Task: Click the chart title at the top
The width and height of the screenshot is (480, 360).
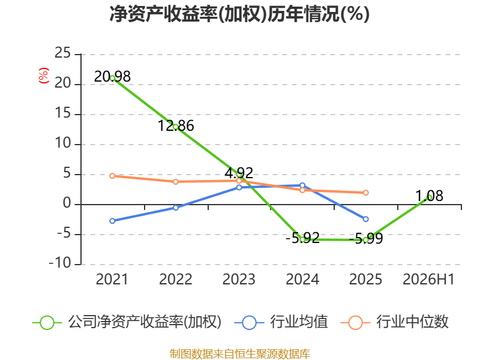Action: [x=239, y=14]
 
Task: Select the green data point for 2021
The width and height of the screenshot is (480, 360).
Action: [x=112, y=78]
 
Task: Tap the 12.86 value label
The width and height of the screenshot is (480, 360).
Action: [x=176, y=125]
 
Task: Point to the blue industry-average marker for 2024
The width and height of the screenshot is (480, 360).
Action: [x=302, y=185]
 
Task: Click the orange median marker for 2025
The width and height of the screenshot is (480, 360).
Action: [x=365, y=193]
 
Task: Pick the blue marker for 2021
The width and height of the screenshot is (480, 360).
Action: [x=112, y=221]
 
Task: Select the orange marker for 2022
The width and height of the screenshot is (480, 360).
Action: [x=176, y=182]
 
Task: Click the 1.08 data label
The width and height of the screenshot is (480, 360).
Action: [x=429, y=196]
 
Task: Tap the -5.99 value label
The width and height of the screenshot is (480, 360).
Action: [x=366, y=238]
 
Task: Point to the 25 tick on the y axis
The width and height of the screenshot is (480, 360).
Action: [x=62, y=53]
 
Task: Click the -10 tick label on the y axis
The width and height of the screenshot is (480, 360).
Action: [x=60, y=263]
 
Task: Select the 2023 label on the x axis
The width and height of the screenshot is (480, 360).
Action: [x=239, y=279]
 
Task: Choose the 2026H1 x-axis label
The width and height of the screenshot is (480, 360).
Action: [x=428, y=279]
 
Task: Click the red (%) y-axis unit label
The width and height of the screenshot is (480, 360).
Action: [x=43, y=76]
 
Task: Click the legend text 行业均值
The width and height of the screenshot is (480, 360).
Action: [x=299, y=322]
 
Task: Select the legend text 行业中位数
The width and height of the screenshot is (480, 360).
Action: [x=412, y=322]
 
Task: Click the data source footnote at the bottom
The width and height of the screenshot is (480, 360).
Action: [x=239, y=354]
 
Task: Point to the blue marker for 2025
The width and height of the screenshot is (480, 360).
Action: [x=365, y=219]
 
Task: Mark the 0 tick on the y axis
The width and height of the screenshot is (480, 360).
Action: [x=67, y=203]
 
